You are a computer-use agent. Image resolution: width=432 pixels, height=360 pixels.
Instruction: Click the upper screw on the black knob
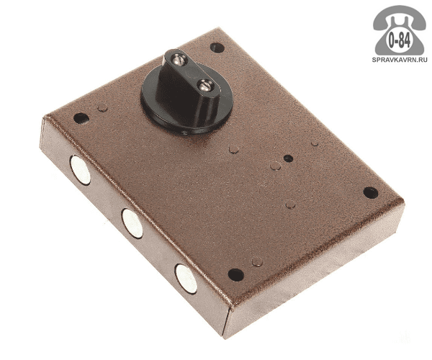[x=179, y=59]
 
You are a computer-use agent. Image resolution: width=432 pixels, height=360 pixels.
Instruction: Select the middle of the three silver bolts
[x=132, y=223]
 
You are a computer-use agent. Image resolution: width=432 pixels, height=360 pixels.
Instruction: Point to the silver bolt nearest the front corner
[x=186, y=279]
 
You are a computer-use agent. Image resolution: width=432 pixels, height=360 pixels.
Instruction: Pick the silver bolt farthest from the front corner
[x=80, y=170]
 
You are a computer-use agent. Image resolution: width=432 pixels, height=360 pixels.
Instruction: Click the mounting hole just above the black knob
[x=217, y=48]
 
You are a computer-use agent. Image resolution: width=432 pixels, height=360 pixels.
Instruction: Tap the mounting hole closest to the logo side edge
[x=371, y=192]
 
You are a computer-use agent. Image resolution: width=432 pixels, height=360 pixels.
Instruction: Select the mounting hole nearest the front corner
[x=236, y=274]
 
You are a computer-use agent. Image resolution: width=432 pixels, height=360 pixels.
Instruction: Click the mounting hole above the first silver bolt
[x=81, y=118]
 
